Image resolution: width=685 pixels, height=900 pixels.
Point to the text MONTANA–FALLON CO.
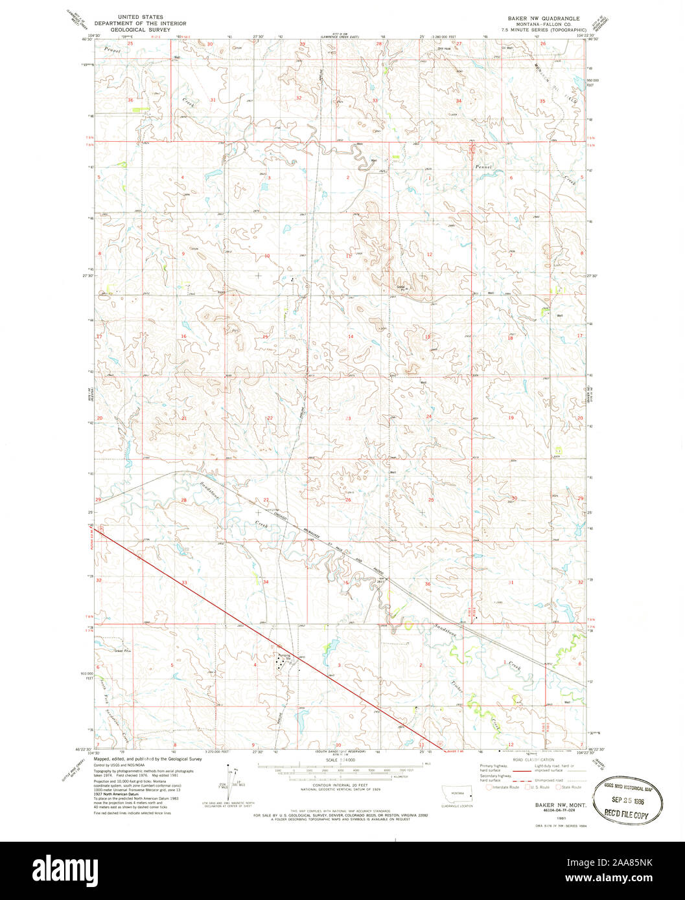tap(547, 24)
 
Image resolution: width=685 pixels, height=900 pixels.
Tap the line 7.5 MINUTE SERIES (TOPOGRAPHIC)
tap(547, 30)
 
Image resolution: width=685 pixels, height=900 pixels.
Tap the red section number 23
tap(348, 419)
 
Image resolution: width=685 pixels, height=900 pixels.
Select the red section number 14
tap(350, 337)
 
